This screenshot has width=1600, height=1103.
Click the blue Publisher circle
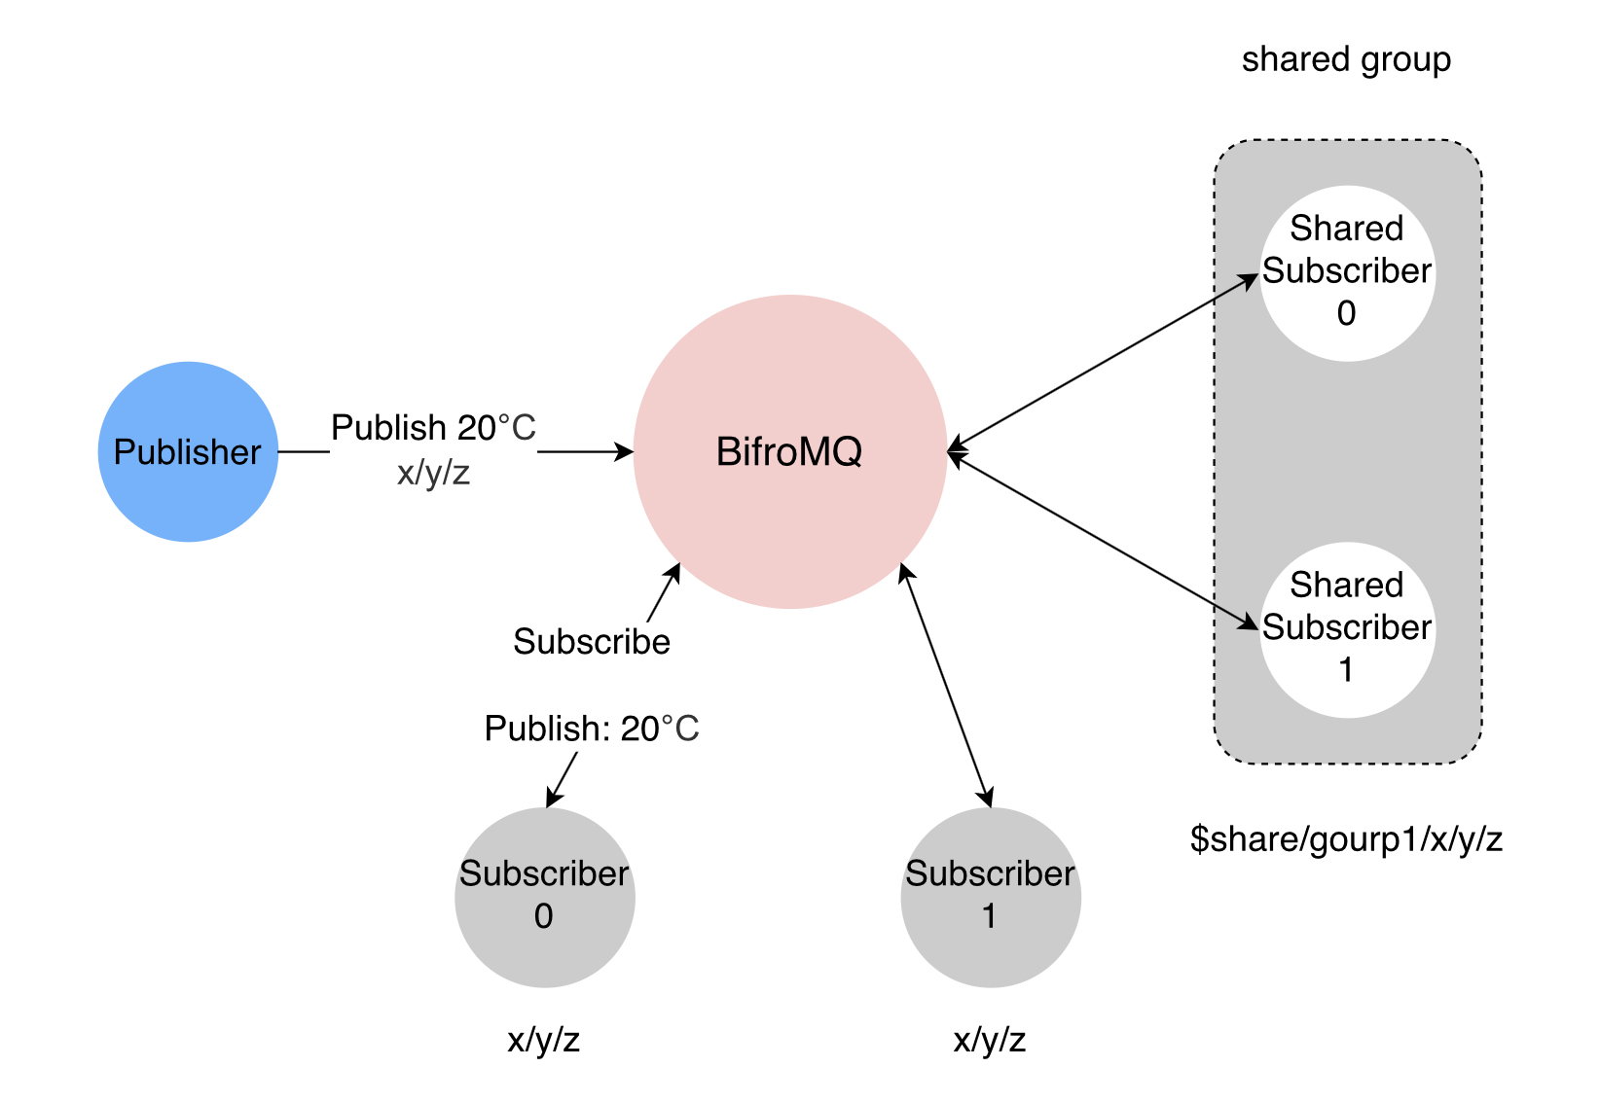coord(188,451)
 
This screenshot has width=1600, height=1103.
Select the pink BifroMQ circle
coord(789,451)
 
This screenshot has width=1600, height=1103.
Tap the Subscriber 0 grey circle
coord(544,897)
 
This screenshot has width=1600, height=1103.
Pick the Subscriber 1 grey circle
coord(990,897)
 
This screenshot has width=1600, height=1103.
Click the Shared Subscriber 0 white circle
coord(1347,272)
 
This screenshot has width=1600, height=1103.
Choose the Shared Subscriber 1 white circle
coord(1347,629)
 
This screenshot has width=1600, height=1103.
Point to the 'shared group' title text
coord(1346,60)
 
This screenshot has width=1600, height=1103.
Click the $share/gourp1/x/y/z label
coord(1346,838)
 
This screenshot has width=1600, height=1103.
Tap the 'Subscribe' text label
coord(592,642)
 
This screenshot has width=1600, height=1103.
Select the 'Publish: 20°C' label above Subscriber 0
coord(592,729)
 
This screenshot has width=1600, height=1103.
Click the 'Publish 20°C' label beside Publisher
coord(433,428)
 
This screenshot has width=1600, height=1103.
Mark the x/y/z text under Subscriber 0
coord(544,1041)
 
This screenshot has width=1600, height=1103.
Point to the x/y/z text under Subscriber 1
coord(990,1041)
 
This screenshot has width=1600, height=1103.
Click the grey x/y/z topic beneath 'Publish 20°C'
coord(433,474)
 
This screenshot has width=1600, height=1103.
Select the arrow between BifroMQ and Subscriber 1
coord(947,686)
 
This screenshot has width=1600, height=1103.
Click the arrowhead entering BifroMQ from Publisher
coord(623,451)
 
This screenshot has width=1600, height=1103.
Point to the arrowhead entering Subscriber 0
coord(552,799)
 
